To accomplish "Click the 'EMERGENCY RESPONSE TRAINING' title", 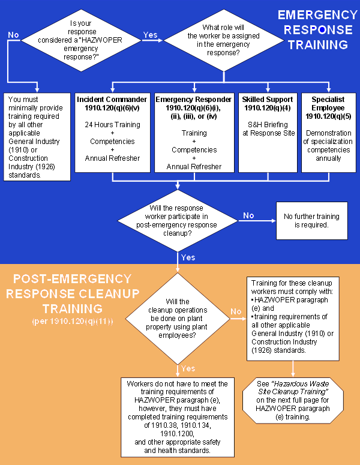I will coord(317,29).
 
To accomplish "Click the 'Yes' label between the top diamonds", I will coord(150,35).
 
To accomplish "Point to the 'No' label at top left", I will coord(13,35).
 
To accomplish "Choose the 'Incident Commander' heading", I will coord(112,103).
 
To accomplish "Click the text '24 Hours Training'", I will coord(112,125).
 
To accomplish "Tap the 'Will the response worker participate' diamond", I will coord(178,220).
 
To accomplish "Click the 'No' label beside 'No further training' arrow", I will coord(248,215).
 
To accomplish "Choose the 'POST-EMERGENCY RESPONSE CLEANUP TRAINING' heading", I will coord(71,293).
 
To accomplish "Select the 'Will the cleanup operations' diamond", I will coord(177,319).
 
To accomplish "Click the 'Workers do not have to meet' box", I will coord(177,416).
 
